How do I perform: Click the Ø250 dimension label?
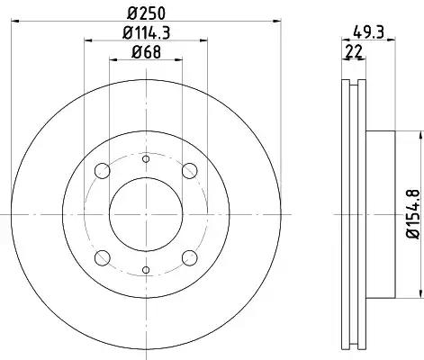(146, 13)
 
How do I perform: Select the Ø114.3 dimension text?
(147, 32)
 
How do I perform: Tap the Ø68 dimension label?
(146, 52)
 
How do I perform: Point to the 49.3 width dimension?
(368, 31)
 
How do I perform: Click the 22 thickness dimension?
(354, 51)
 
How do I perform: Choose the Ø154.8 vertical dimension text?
(413, 214)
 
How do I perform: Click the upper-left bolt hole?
(103, 171)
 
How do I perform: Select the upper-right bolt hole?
(190, 171)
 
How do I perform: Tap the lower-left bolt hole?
(103, 258)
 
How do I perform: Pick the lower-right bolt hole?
(190, 258)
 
